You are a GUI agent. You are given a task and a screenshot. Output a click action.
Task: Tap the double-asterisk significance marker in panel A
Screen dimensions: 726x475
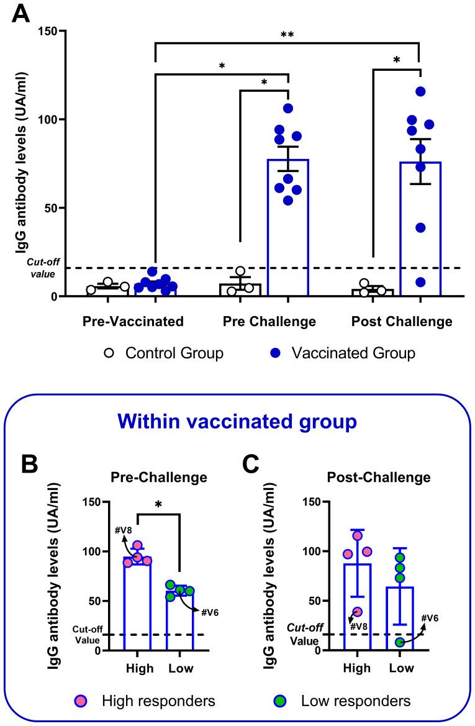pos(287,35)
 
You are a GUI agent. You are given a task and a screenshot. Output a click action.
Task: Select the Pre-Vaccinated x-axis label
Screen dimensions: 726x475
pos(133,321)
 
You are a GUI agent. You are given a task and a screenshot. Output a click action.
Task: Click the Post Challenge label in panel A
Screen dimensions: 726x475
pos(401,321)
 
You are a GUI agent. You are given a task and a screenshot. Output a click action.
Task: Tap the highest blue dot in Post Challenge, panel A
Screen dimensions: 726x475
pos(420,91)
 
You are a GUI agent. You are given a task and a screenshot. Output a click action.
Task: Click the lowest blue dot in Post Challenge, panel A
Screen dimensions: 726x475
pos(420,282)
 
